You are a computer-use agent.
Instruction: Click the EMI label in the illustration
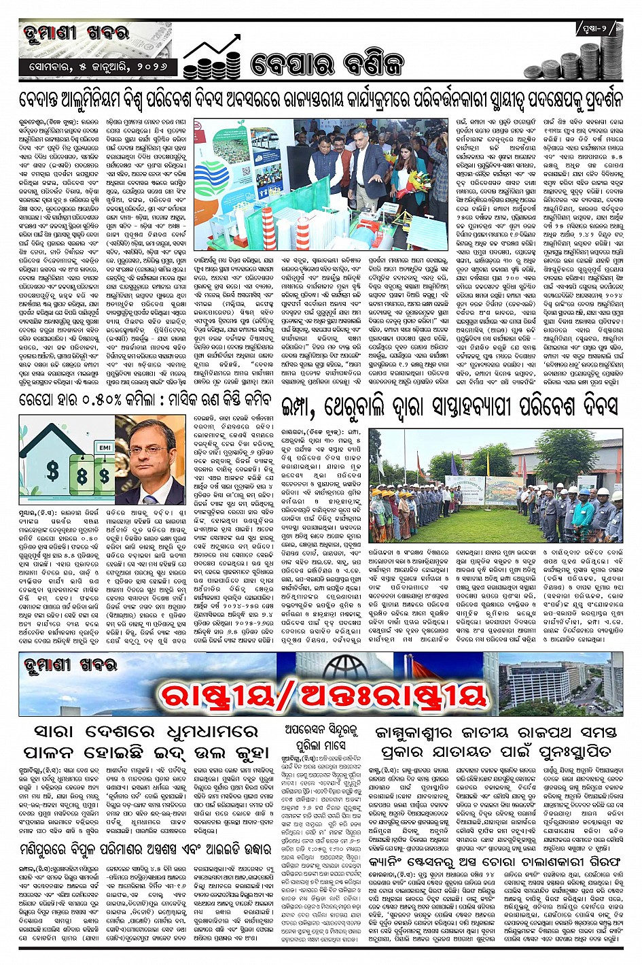pyautogui.click(x=105, y=448)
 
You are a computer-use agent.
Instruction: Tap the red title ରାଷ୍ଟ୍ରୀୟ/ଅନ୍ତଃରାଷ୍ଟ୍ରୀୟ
pyautogui.click(x=323, y=694)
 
